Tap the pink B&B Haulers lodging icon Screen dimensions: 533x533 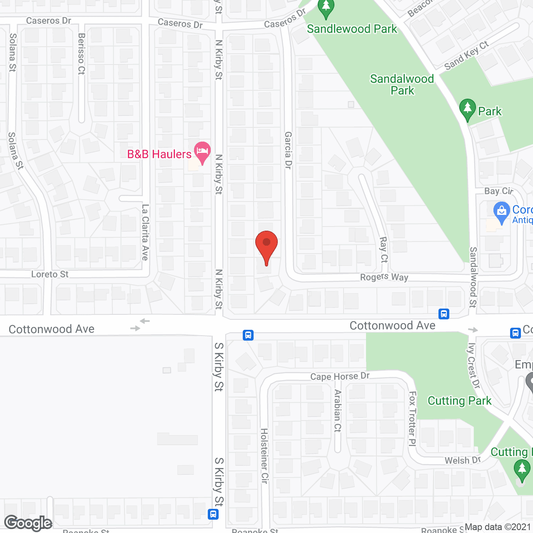tap(202, 152)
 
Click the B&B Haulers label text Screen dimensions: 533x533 tap(159, 154)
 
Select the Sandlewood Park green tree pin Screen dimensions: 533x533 tap(326, 9)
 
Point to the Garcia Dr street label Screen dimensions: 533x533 tap(288, 150)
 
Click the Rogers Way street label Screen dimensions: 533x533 tap(384, 277)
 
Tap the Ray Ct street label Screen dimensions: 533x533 tap(384, 249)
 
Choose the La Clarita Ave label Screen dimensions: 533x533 tap(145, 232)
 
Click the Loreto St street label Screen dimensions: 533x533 tap(50, 274)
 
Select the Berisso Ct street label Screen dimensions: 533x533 tap(82, 54)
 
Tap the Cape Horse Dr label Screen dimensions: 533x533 tap(340, 376)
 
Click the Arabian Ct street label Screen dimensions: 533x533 tap(338, 411)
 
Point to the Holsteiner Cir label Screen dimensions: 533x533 tap(264, 456)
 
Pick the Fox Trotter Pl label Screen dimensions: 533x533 tap(412, 418)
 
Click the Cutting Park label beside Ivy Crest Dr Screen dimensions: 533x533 tap(459, 401)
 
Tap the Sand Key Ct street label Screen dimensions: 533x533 tap(466, 56)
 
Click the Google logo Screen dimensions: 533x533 tap(28, 523)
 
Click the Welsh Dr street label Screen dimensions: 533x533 tap(463, 460)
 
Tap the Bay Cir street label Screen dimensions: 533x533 tap(499, 191)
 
